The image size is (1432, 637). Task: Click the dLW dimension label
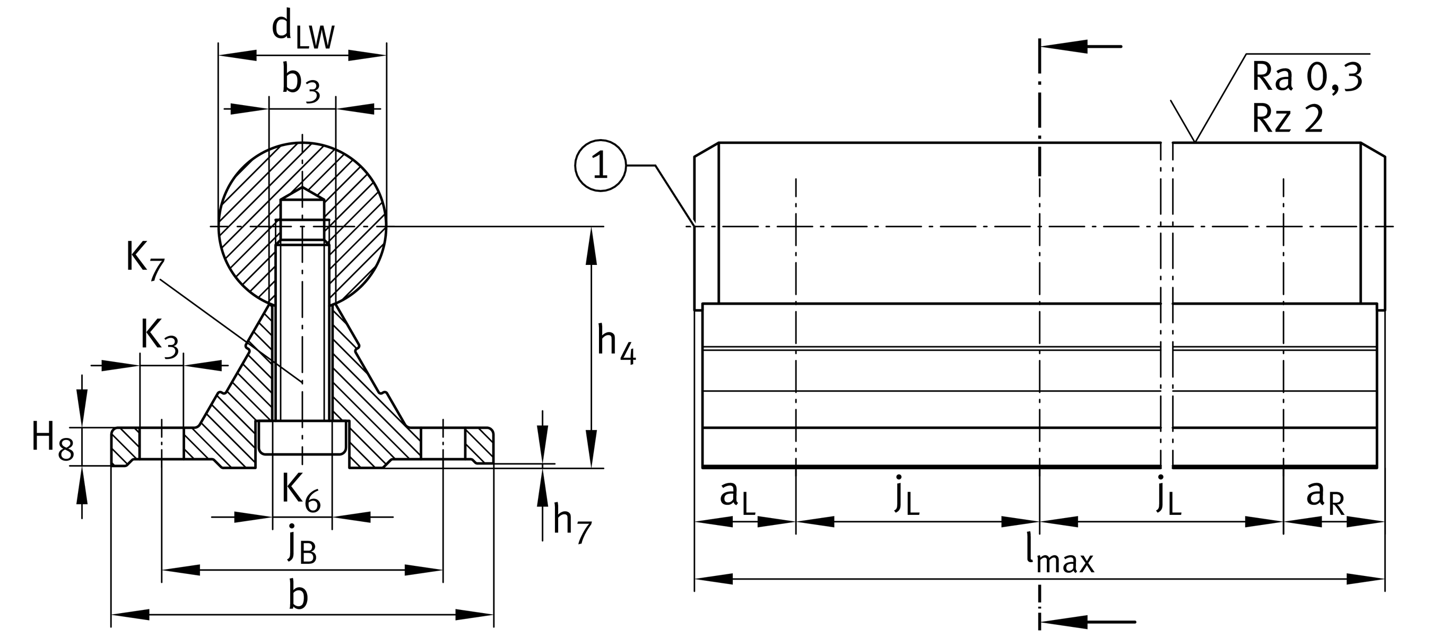(x=303, y=31)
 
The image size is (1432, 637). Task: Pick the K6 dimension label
(x=301, y=493)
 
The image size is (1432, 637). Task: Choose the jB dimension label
(x=302, y=545)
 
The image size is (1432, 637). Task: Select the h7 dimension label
(x=571, y=524)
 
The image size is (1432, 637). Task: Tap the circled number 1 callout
(x=601, y=166)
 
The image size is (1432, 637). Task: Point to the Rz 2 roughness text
(x=1287, y=118)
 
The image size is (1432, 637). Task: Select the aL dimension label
(x=737, y=496)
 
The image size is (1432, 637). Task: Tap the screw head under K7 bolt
(x=303, y=437)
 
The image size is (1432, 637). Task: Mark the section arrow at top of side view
(x=1081, y=47)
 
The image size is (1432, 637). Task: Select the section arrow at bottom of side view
(x=1087, y=622)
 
